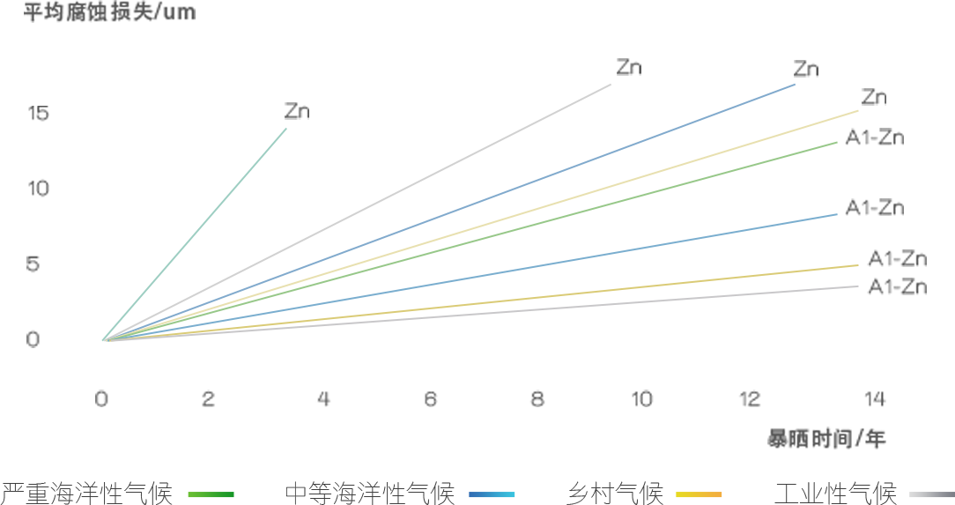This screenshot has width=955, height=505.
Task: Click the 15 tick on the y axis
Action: (x=39, y=114)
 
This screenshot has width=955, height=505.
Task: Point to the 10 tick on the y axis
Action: (x=39, y=189)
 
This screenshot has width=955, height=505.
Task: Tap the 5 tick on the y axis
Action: (x=33, y=264)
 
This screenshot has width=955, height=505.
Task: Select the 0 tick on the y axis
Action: (x=33, y=339)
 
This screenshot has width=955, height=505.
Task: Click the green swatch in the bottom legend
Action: (x=211, y=495)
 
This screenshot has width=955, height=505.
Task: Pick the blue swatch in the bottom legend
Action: (x=492, y=495)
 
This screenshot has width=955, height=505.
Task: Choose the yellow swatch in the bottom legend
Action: (x=699, y=495)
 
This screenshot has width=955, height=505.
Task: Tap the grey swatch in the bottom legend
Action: (x=931, y=495)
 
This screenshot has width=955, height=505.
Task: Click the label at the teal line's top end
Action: (x=297, y=112)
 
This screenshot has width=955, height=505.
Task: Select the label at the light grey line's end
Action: (x=628, y=68)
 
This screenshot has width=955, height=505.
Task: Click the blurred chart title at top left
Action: (x=109, y=13)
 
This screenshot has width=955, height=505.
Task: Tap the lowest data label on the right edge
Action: (x=897, y=286)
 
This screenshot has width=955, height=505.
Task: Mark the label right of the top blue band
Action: (x=806, y=70)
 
